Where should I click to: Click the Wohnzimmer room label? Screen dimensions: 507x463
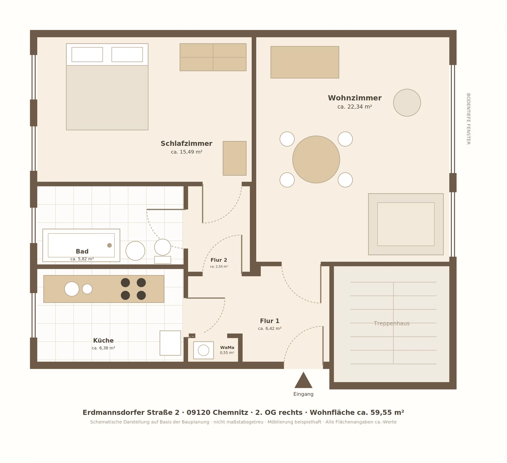pos(355,98)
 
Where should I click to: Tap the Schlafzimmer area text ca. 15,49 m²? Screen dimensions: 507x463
pos(187,152)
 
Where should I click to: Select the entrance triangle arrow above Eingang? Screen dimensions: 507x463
pos(303,380)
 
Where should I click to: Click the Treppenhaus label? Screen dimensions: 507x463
pos(392,323)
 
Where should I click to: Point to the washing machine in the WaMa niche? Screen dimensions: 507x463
pos(203,350)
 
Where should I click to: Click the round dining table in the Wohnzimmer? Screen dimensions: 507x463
pos(316,160)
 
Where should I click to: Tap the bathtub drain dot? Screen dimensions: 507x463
pos(109,245)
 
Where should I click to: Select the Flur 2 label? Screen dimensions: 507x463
pos(219,260)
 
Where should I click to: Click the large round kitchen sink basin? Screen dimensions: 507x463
pos(72,289)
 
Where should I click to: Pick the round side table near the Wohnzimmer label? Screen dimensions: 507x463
pos(407,103)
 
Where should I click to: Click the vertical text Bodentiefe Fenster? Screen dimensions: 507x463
pos(468,119)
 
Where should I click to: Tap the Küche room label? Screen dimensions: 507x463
pos(103,340)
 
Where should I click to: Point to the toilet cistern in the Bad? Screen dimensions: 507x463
pos(163,260)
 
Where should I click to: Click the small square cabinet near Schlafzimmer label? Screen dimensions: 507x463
pos(234,158)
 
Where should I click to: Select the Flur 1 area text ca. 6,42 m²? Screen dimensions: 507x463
pos(270,329)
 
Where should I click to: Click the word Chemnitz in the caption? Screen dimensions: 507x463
pos(230,413)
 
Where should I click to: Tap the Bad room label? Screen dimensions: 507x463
pos(82,251)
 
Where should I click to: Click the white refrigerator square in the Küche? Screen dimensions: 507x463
pos(170,343)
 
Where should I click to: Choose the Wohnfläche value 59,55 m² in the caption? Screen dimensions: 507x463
pos(387,413)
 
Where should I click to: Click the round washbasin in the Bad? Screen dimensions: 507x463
pos(135,251)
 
